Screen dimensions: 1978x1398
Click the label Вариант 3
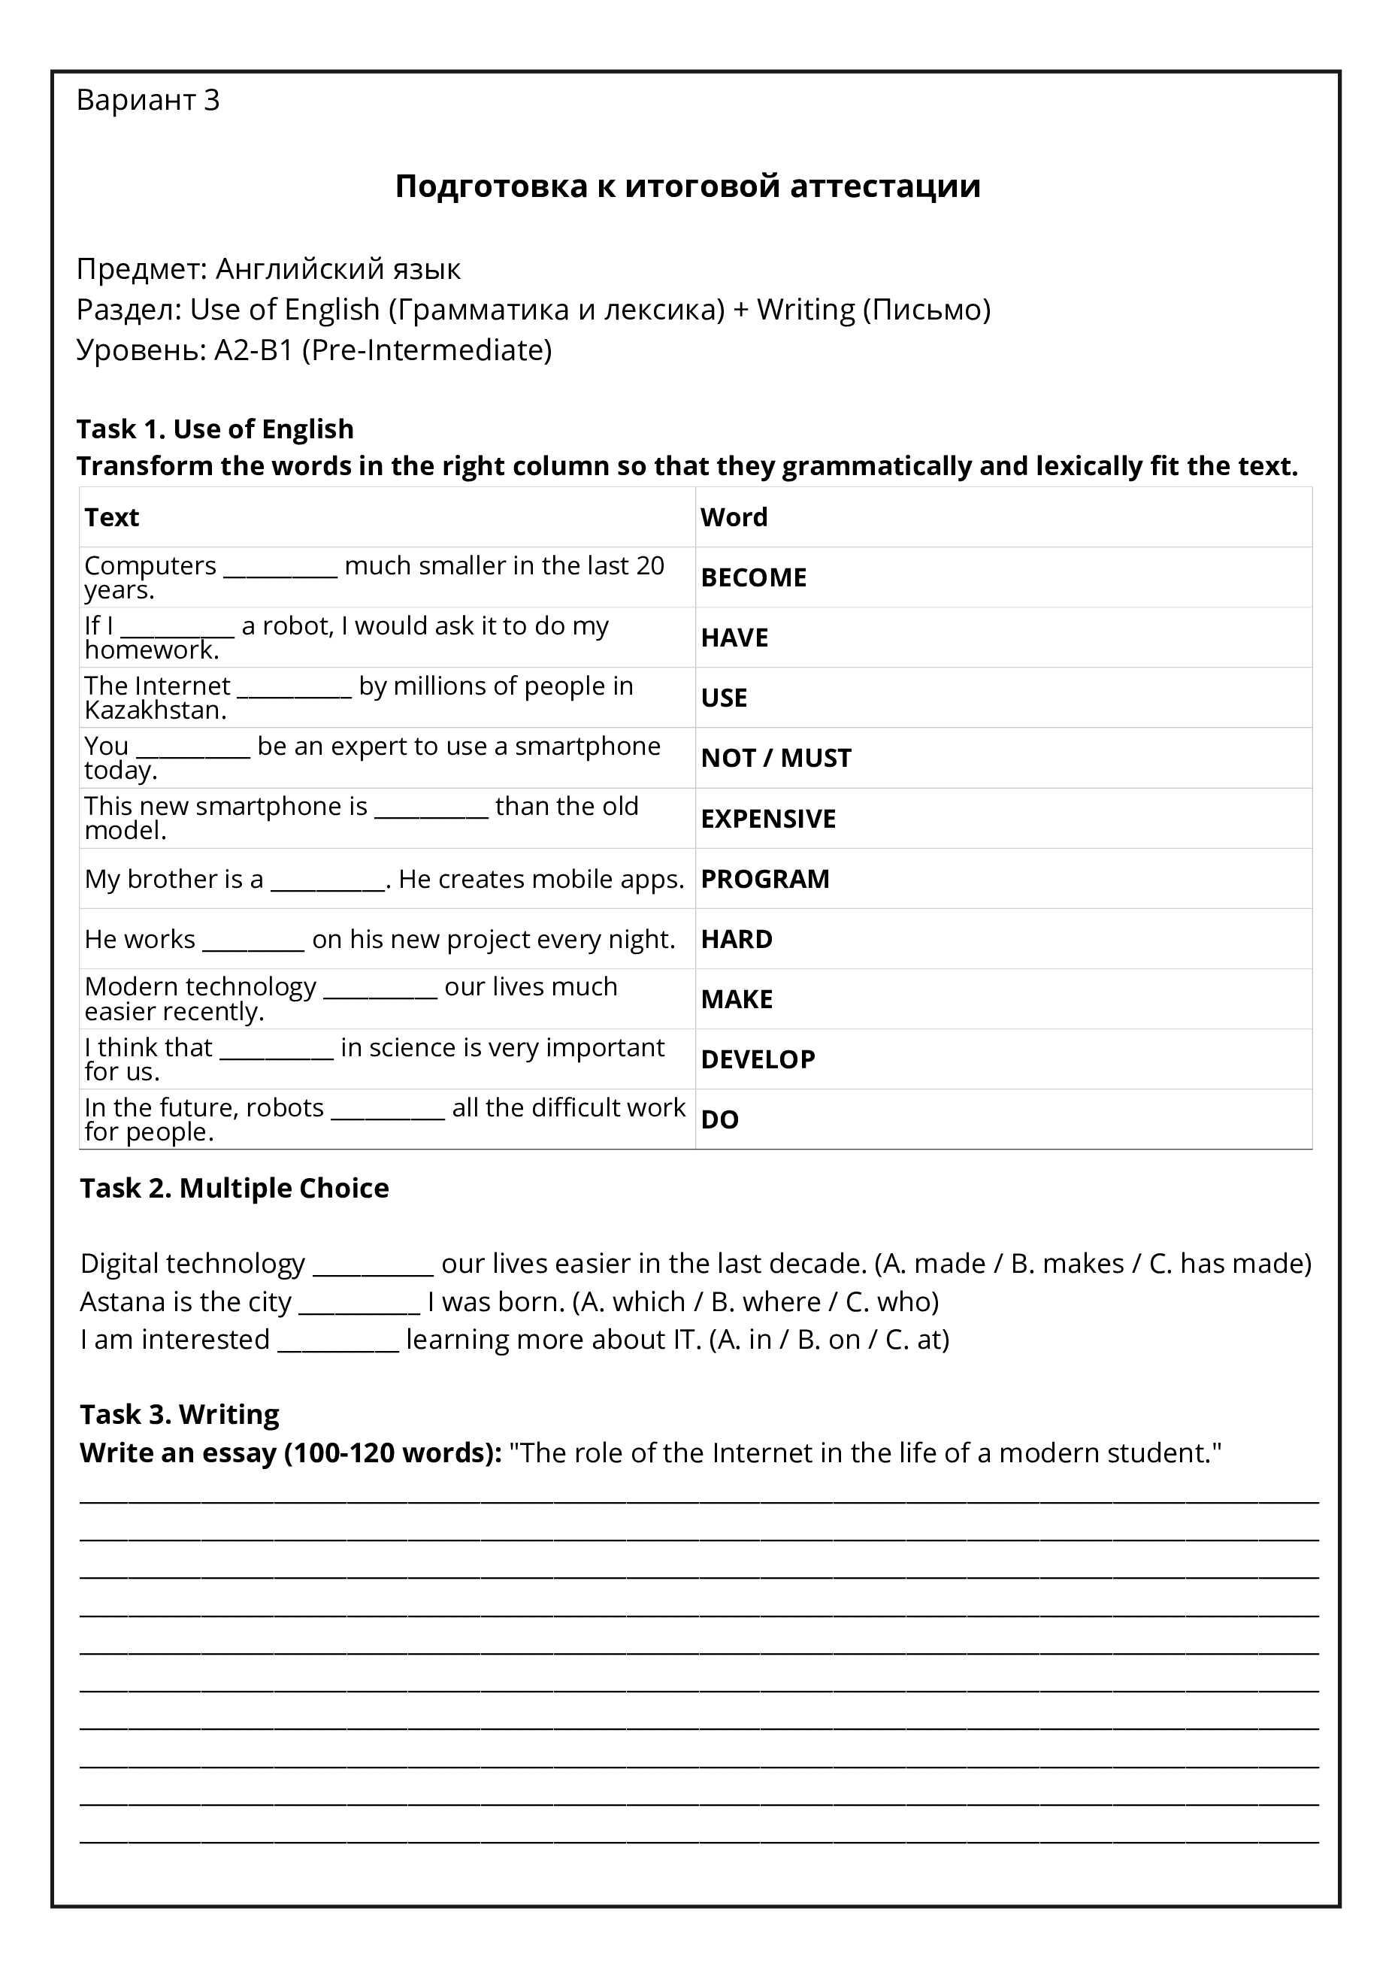[x=147, y=100]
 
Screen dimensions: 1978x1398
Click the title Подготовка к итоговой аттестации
[x=688, y=186]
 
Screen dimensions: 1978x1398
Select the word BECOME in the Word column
[x=753, y=577]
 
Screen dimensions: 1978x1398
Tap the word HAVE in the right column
[x=734, y=638]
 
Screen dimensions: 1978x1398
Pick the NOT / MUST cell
[x=775, y=758]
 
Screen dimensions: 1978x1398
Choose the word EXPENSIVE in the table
[x=767, y=819]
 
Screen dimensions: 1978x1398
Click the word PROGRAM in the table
[x=764, y=879]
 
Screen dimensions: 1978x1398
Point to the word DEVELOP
[x=757, y=1059]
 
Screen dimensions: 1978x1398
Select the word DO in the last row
[x=719, y=1120]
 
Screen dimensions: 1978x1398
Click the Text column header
[x=112, y=517]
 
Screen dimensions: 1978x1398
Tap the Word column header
[x=733, y=517]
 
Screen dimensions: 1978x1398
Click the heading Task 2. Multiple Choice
[x=235, y=1188]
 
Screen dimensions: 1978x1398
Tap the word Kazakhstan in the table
[x=155, y=710]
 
